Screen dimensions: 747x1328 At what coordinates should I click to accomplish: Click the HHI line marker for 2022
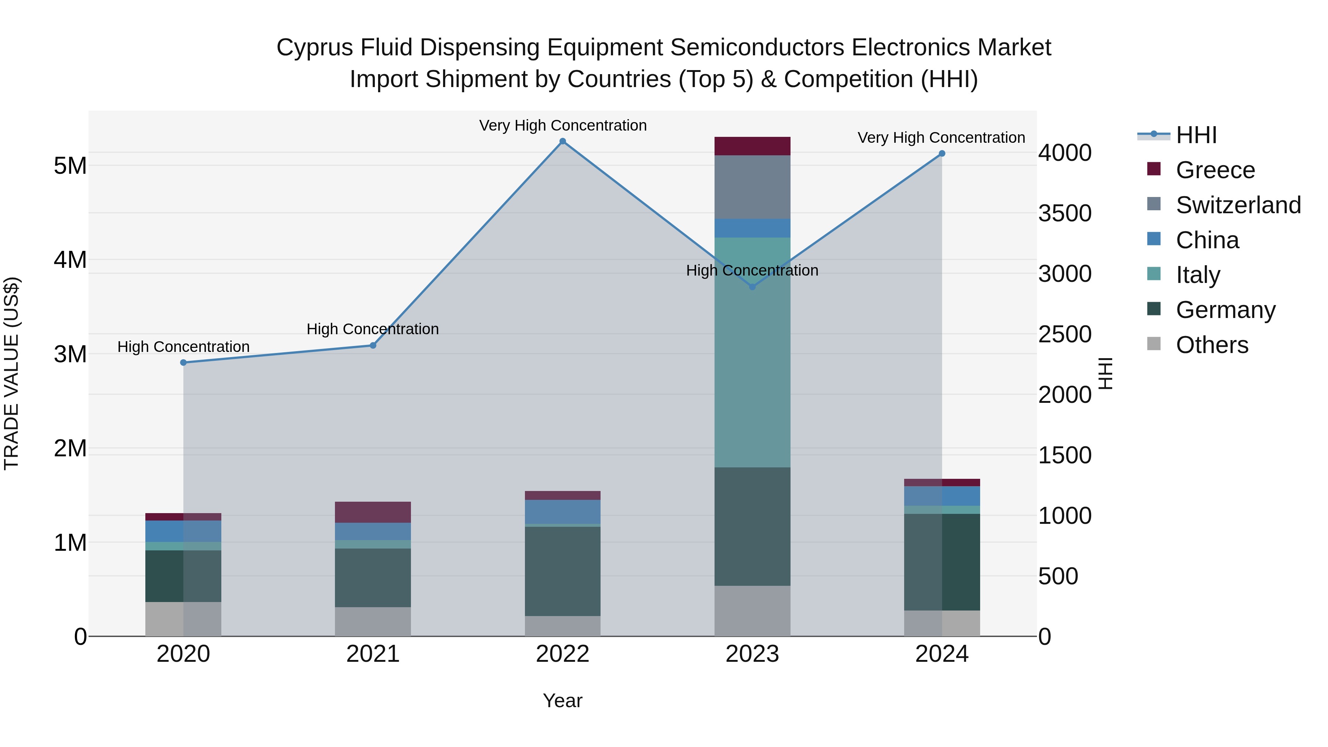point(563,141)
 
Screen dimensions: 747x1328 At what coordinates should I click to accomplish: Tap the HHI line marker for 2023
point(752,287)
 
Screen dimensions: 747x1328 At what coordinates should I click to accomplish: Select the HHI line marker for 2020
point(184,362)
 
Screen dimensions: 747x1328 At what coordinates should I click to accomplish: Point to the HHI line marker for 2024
point(942,153)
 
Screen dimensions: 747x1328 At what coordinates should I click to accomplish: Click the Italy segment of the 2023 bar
point(752,352)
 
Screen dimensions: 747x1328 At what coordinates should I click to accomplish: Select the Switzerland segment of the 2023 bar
point(752,187)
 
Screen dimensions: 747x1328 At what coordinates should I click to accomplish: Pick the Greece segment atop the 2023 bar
point(752,146)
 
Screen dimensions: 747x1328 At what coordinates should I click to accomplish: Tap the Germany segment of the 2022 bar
point(563,571)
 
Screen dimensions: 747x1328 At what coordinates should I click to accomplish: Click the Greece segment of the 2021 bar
point(373,512)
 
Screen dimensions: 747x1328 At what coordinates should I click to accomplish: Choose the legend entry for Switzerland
point(1238,205)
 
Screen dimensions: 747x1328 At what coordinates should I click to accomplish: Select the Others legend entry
point(1211,345)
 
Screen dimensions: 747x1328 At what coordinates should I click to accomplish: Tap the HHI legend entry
point(1196,135)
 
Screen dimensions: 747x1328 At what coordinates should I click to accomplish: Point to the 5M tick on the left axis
point(70,166)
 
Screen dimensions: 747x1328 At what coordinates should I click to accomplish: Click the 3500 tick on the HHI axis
point(1065,214)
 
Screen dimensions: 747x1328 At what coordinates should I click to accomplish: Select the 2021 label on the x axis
point(373,654)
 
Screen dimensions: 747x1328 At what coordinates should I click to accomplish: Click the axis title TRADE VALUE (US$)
point(11,373)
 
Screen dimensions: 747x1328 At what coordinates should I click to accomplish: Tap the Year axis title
point(563,701)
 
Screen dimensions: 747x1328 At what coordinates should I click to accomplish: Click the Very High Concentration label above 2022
point(563,125)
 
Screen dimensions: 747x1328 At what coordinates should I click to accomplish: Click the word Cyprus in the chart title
point(314,48)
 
